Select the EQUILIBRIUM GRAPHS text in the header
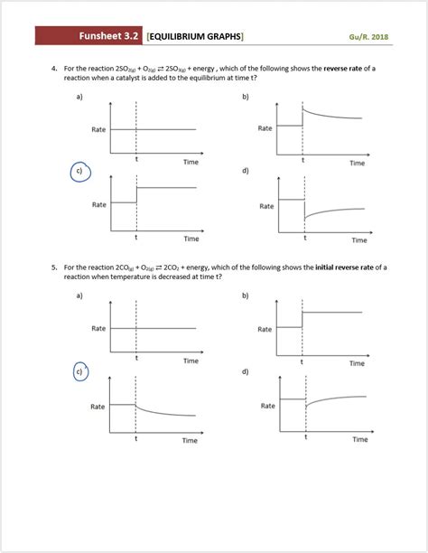(195, 36)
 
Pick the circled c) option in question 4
(79, 172)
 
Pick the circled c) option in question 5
(79, 370)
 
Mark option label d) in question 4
(246, 171)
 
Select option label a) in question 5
(79, 295)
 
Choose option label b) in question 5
(246, 295)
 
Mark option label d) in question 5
(246, 371)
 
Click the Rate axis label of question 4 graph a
(98, 130)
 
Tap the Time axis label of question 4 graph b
(357, 164)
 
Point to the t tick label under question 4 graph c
(136, 238)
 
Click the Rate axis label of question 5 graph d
(267, 406)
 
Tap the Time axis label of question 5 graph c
(190, 440)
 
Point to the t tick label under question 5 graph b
(302, 360)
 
